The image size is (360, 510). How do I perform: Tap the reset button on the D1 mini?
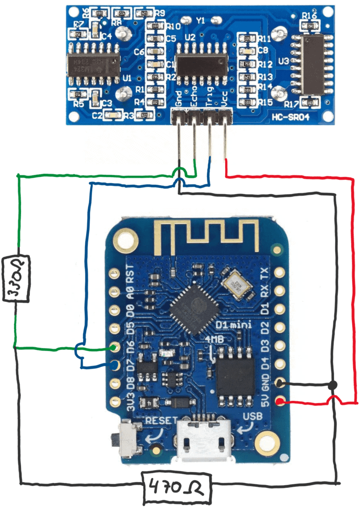(130, 438)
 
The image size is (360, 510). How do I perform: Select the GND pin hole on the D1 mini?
(280, 383)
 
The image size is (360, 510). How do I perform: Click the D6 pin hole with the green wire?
(115, 348)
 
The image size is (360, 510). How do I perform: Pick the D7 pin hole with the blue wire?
(115, 366)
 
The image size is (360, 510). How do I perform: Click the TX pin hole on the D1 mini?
(280, 273)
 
